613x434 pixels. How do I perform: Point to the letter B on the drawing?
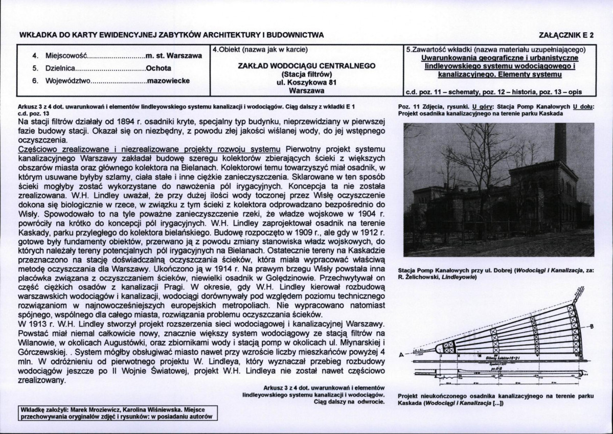pyautogui.click(x=592, y=326)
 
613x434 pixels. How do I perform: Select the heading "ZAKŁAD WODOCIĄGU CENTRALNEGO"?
pyautogui.click(x=307, y=66)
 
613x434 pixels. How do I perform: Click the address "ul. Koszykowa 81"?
pyautogui.click(x=307, y=82)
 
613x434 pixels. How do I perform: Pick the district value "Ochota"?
pyautogui.click(x=158, y=67)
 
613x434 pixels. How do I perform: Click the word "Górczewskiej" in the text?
pyautogui.click(x=41, y=353)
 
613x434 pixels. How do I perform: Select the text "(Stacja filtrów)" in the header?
pyautogui.click(x=307, y=74)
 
